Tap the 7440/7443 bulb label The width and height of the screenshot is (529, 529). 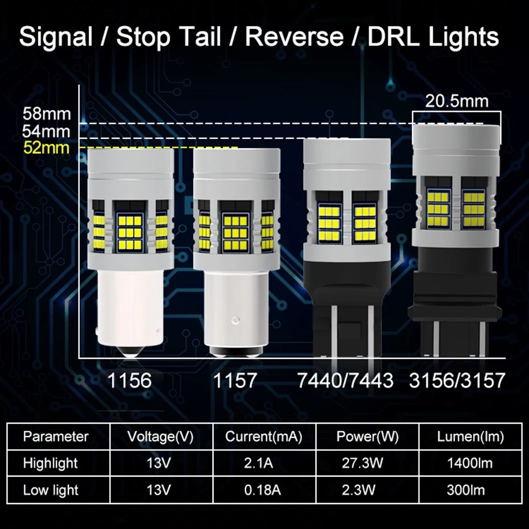coord(345,380)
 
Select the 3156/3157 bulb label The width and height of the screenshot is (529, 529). coord(457,380)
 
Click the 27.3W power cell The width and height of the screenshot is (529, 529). coord(367,463)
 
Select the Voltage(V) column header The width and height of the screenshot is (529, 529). coord(160,437)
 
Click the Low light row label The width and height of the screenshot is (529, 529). coord(50,490)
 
